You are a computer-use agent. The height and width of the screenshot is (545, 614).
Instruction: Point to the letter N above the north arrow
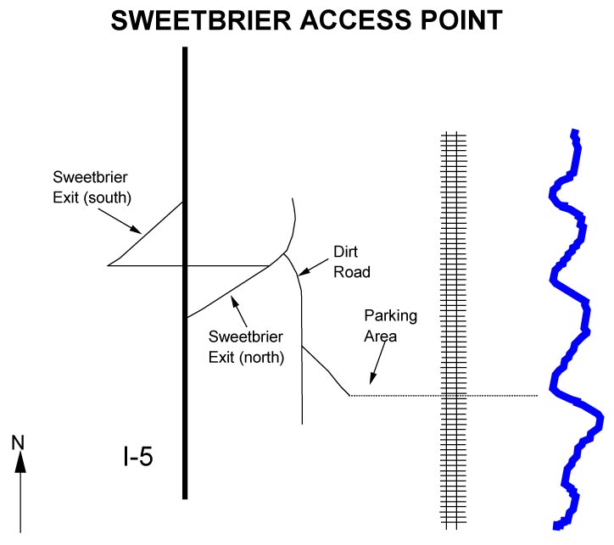coord(19,442)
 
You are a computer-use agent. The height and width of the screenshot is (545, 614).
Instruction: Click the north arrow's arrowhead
coord(20,462)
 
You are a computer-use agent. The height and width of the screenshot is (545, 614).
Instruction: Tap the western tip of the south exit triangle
coord(109,265)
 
